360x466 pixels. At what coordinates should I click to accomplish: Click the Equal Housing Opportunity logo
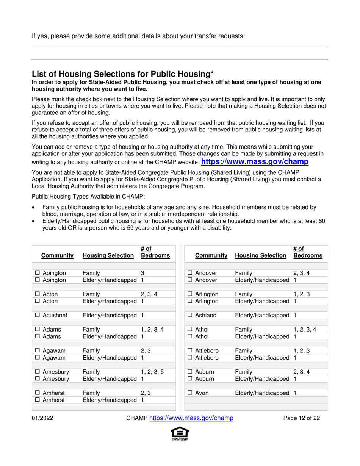[x=180, y=434]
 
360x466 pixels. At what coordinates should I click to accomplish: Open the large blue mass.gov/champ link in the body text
[x=254, y=162]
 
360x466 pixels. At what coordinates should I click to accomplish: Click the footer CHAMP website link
[x=191, y=418]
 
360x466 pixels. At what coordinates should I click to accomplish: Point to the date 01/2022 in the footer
[x=42, y=418]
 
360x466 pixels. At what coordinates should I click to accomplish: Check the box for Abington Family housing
[x=38, y=273]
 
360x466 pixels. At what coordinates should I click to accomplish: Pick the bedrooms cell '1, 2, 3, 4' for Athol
[x=305, y=329]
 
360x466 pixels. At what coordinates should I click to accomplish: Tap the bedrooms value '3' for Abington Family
[x=143, y=273]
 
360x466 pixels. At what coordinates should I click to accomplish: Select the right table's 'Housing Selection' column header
[x=261, y=256]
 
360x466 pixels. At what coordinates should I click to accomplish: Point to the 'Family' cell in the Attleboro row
[x=243, y=350]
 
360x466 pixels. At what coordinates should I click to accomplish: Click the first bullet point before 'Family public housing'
[x=34, y=207]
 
